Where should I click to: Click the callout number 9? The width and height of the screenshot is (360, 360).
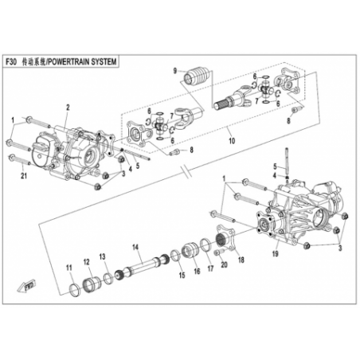(x=175, y=71)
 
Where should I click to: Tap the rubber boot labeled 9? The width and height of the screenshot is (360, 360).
(x=197, y=76)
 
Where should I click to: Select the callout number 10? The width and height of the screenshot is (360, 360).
(x=232, y=140)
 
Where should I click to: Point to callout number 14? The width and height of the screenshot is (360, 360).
(x=135, y=248)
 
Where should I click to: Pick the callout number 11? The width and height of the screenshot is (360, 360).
(x=69, y=268)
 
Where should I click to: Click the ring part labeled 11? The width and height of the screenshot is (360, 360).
(x=74, y=290)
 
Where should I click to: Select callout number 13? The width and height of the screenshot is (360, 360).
(x=102, y=256)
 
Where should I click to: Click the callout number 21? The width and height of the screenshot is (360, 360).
(x=24, y=175)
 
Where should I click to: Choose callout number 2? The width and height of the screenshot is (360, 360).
(x=68, y=108)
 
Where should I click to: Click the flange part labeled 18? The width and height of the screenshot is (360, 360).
(x=225, y=237)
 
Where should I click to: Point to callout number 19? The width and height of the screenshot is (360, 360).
(x=276, y=253)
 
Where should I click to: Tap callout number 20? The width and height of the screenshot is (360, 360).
(x=225, y=264)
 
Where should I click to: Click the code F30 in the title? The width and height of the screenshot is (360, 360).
(x=11, y=62)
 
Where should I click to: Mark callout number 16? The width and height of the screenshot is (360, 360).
(x=197, y=271)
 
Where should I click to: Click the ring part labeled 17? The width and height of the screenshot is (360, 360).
(x=205, y=245)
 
